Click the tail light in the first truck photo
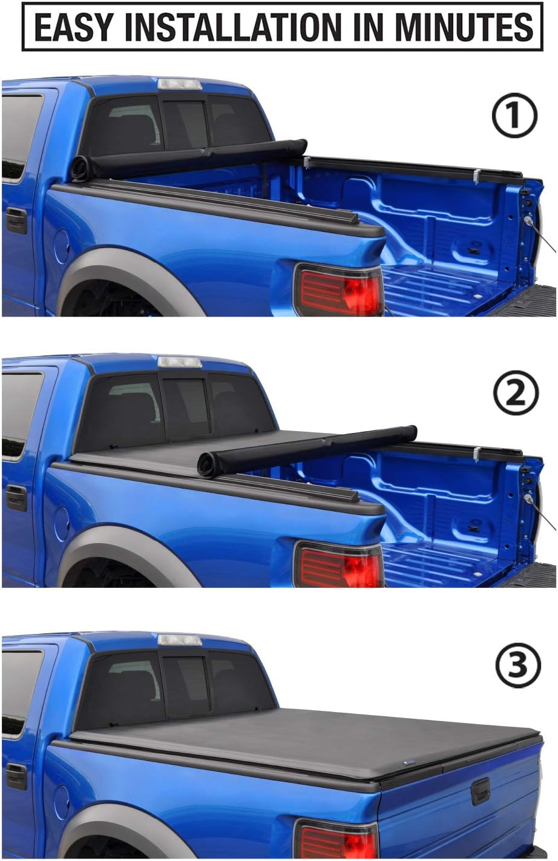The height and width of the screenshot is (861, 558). tap(338, 289)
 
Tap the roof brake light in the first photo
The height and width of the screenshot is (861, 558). tap(179, 84)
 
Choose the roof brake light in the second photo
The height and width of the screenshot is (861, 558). tap(179, 362)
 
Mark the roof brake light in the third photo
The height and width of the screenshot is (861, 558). tap(179, 639)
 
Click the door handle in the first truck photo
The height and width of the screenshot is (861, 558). tap(16, 221)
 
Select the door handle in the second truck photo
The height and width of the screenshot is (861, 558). tap(16, 498)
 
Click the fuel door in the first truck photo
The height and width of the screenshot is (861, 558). tap(62, 245)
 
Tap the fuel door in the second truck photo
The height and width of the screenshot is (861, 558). tap(62, 522)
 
